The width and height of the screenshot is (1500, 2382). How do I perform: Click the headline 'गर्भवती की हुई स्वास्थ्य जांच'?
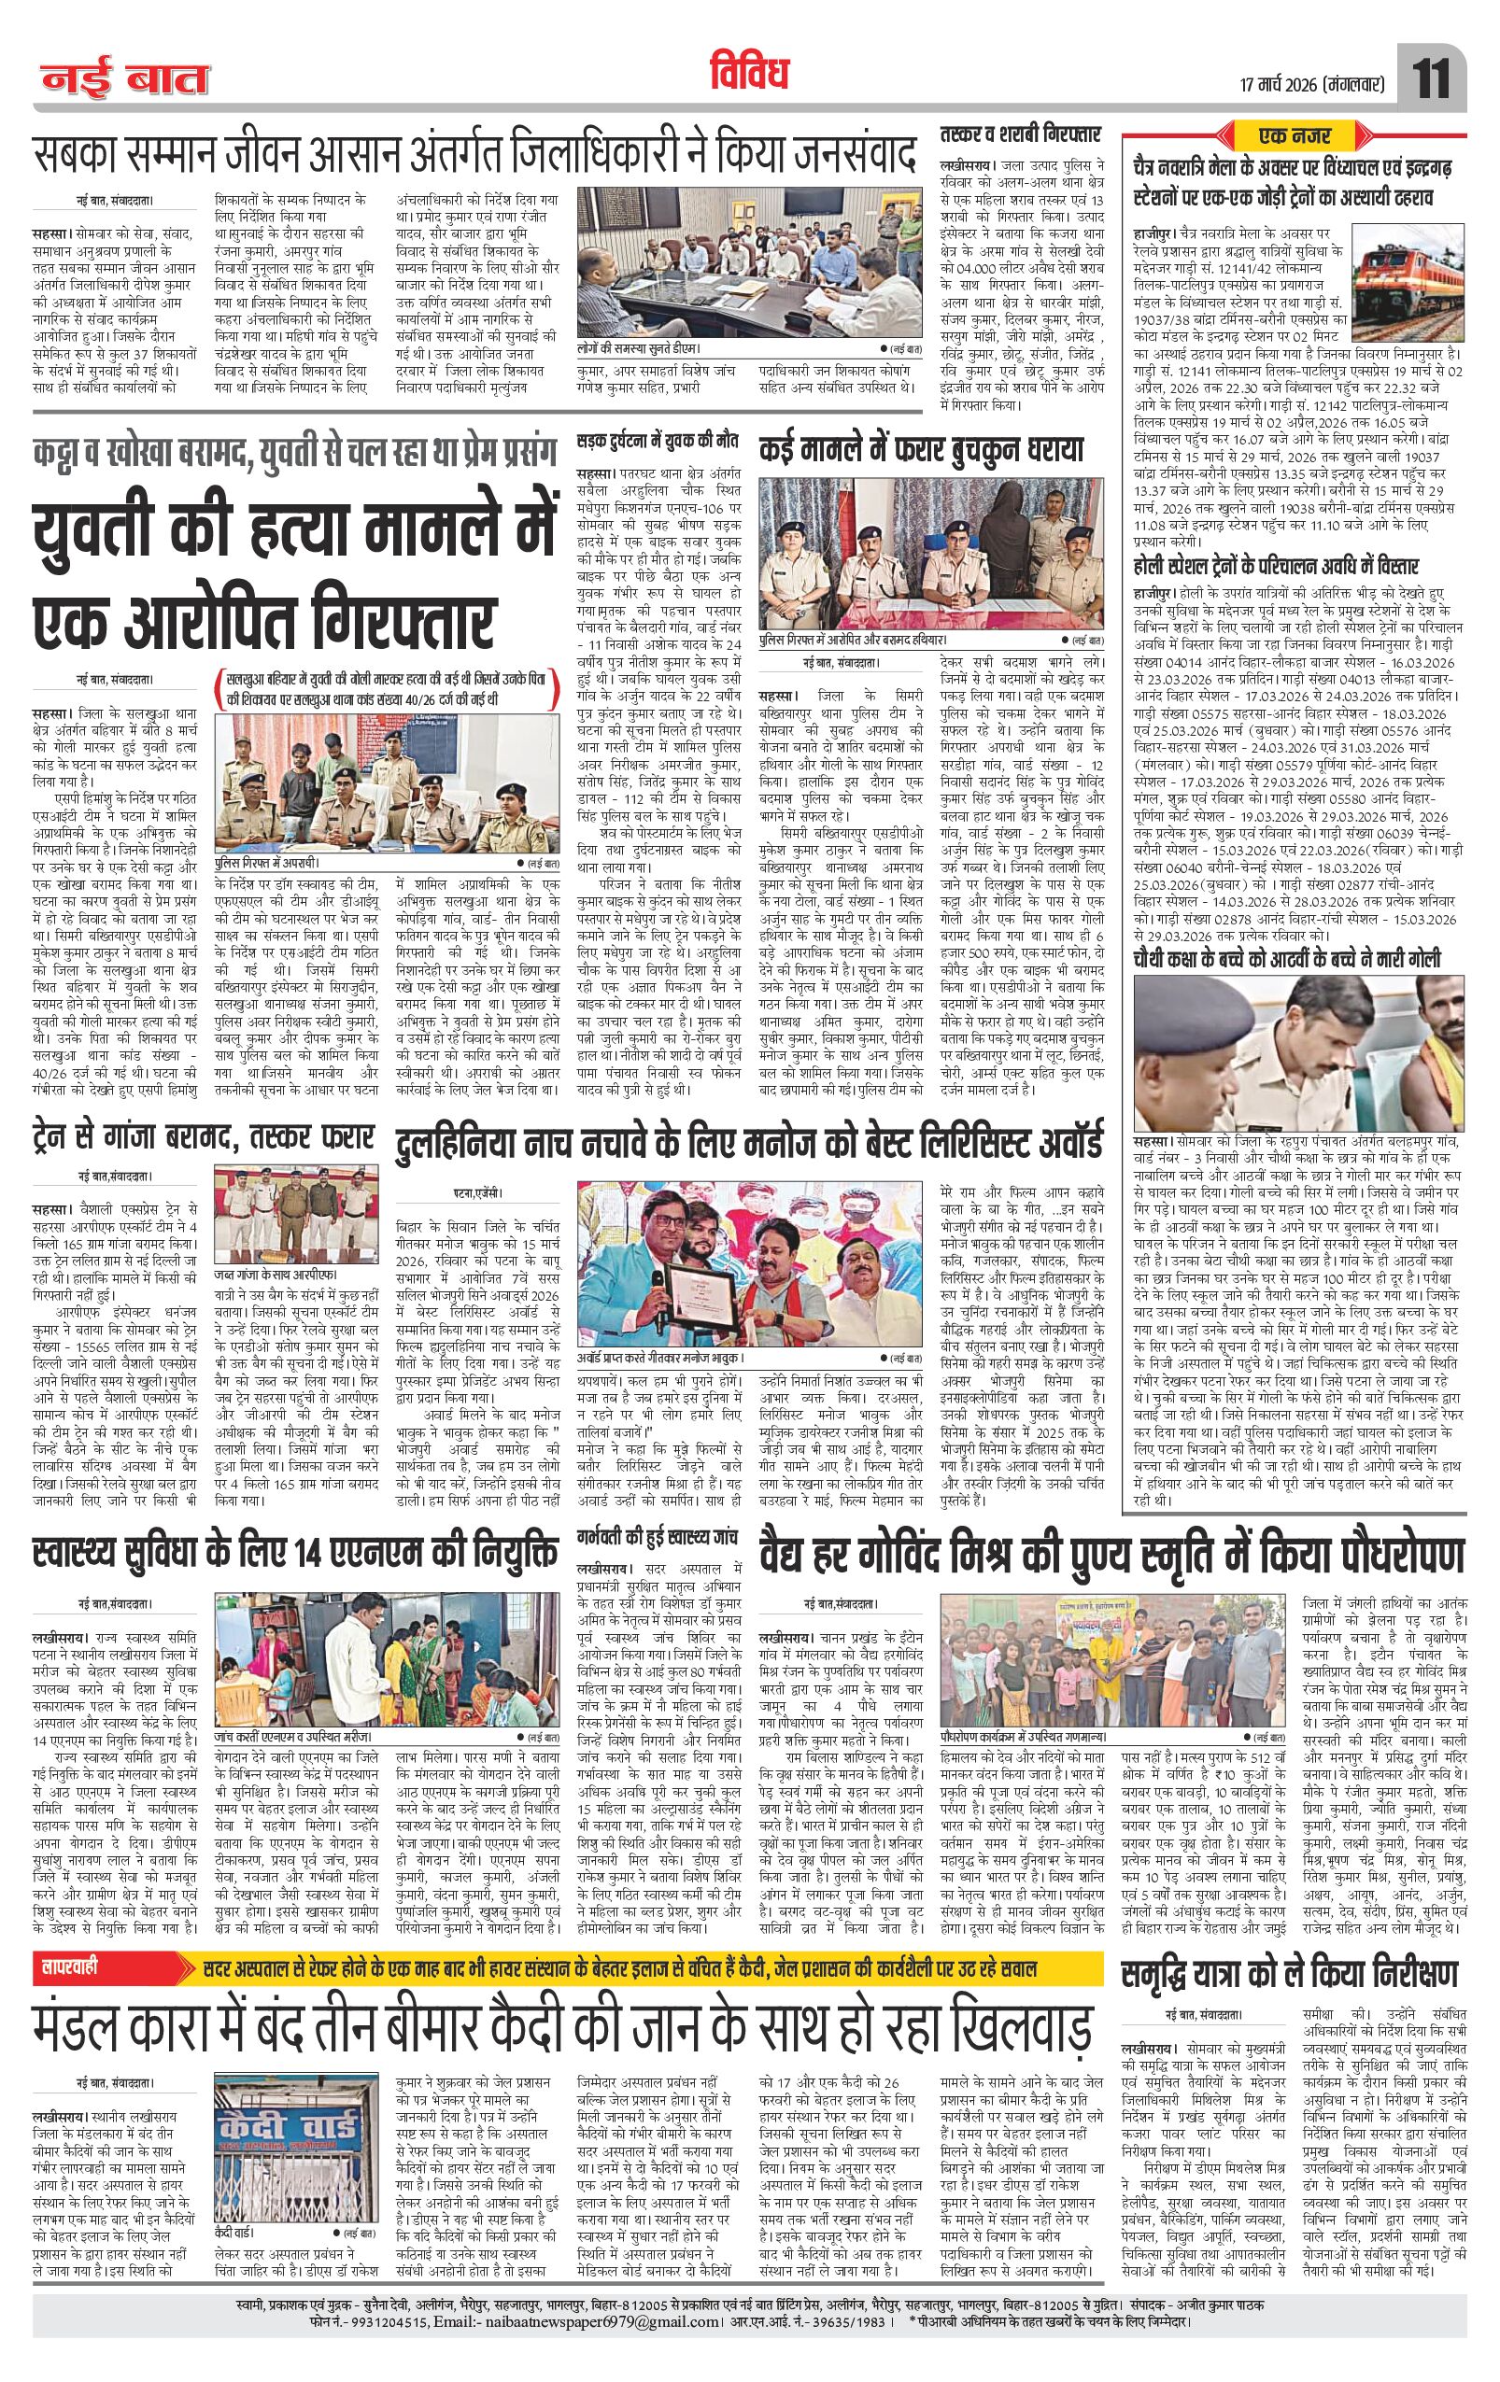click(661, 1539)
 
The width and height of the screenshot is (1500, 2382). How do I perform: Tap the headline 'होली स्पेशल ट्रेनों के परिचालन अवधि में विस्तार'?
click(1276, 566)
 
